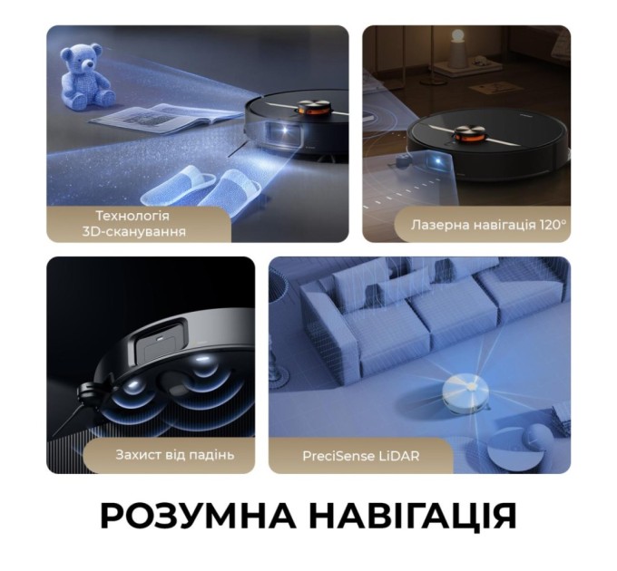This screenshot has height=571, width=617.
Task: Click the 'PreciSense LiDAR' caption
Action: click(x=361, y=455)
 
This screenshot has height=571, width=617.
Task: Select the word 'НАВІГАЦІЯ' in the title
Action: click(x=413, y=516)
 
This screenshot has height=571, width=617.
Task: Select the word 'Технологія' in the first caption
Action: click(x=132, y=216)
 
